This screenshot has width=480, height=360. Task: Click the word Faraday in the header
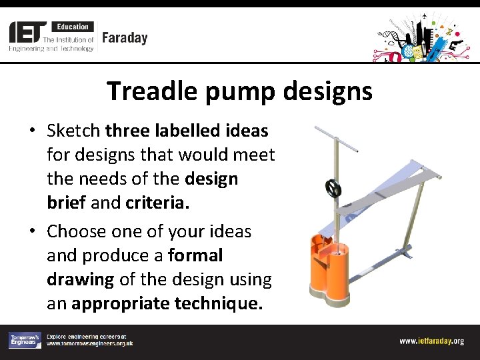pos(125,38)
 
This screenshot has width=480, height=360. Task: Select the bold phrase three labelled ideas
pos(187,130)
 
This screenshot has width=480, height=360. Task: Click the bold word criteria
pos(157,203)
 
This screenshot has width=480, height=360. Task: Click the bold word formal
pos(195,255)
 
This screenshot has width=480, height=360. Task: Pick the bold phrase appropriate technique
pos(167,304)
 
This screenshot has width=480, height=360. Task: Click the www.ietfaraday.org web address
pos(431,341)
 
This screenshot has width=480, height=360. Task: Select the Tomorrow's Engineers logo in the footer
pos(24,341)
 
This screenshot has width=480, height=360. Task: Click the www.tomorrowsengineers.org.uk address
pos(89,344)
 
